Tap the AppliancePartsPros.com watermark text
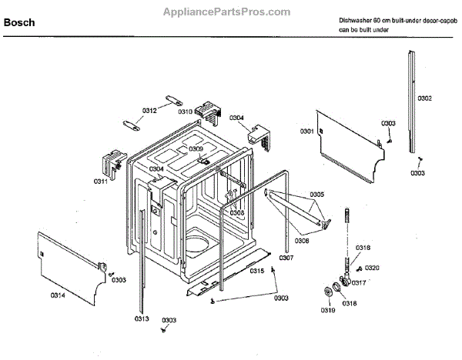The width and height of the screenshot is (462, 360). click(x=228, y=12)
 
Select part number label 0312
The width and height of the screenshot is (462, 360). click(x=149, y=112)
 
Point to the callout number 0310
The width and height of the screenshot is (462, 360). click(x=185, y=112)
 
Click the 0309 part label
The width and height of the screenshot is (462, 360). click(x=196, y=148)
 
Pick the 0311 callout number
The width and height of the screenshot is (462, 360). click(x=101, y=181)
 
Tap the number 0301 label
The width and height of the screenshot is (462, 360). click(x=306, y=132)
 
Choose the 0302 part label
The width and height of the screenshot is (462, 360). click(x=424, y=99)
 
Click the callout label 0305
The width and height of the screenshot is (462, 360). click(x=316, y=194)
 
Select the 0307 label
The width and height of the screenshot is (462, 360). click(x=286, y=258)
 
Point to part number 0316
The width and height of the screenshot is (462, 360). click(x=363, y=247)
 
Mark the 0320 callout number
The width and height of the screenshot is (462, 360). click(x=372, y=267)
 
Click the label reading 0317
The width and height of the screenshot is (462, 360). click(x=359, y=282)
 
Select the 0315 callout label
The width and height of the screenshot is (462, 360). click(x=257, y=271)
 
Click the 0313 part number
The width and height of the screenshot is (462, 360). click(x=141, y=318)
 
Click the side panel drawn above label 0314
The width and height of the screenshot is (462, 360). click(x=69, y=258)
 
